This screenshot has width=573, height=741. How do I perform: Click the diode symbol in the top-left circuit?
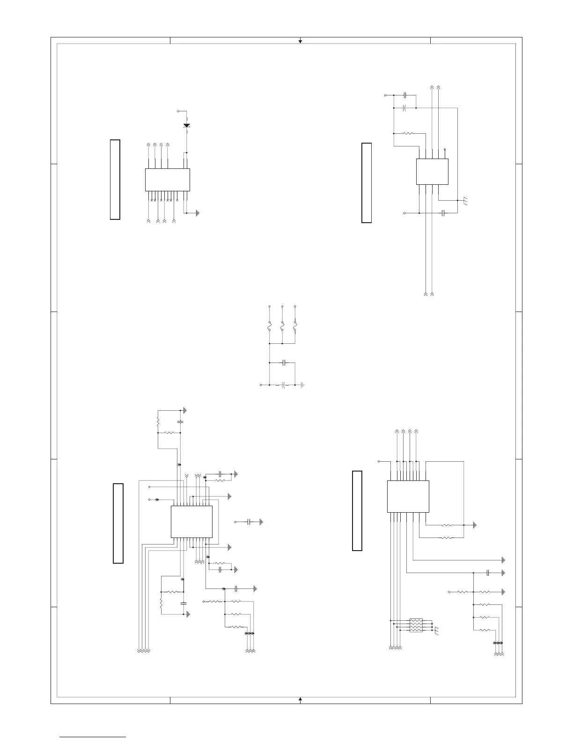click(187, 125)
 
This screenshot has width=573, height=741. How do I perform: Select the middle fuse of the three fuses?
click(282, 326)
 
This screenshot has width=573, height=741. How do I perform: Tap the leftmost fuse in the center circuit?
click(270, 326)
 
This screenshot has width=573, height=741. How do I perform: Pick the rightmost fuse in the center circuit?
click(295, 326)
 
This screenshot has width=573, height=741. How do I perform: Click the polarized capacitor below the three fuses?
click(283, 385)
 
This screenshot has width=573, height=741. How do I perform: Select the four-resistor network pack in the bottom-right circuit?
click(416, 625)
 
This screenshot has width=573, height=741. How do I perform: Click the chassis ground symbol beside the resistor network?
click(436, 629)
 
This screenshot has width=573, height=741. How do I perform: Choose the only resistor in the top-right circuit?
click(408, 133)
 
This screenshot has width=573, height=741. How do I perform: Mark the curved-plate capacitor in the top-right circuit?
click(404, 108)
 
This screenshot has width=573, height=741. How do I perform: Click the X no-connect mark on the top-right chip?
click(445, 149)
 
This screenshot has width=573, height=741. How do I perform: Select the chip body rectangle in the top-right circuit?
click(432, 171)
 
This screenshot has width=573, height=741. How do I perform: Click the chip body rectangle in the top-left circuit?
click(167, 180)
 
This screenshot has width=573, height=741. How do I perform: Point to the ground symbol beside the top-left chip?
click(198, 213)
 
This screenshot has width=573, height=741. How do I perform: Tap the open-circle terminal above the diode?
click(178, 111)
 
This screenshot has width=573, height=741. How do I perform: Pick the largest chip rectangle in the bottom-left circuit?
click(191, 521)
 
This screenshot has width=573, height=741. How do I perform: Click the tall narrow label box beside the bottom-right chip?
click(357, 510)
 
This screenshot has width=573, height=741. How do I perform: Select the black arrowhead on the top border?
click(300, 42)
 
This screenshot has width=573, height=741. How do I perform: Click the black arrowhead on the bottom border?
click(300, 699)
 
